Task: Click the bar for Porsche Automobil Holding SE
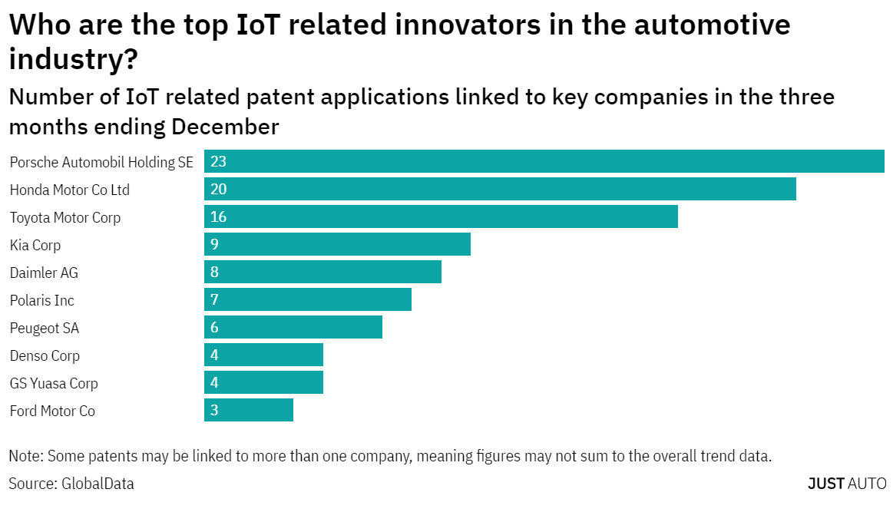click(544, 161)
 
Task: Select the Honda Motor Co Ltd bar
click(500, 189)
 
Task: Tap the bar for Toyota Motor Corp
click(441, 216)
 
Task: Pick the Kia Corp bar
click(337, 244)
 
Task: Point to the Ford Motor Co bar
click(249, 410)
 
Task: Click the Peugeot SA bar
click(293, 327)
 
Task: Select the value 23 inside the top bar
click(219, 161)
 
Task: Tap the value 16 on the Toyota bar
click(219, 216)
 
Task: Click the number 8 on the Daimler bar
click(215, 272)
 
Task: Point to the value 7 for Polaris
click(215, 299)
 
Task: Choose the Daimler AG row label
click(44, 273)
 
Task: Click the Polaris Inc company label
click(42, 300)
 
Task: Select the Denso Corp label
click(45, 355)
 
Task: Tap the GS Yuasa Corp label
click(54, 383)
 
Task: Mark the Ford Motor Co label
click(52, 411)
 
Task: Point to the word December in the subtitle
click(224, 126)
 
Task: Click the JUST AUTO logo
click(847, 484)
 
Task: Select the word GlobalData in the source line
click(98, 484)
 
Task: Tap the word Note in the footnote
click(25, 456)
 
